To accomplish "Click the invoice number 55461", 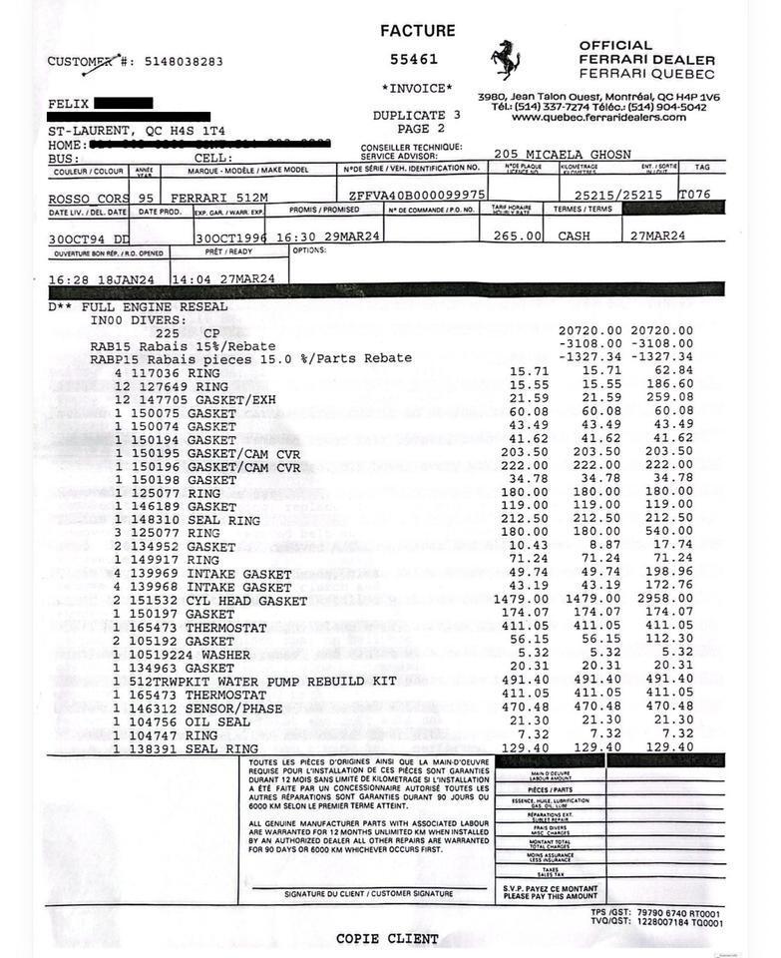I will [414, 60].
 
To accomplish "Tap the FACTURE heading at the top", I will [417, 31].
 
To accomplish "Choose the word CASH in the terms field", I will [574, 237].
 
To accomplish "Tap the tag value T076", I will [694, 195].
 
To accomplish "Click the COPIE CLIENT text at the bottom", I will [387, 938].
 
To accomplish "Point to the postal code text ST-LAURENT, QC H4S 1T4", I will [137, 131].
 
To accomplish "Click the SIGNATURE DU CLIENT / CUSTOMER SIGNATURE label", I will [369, 894].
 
